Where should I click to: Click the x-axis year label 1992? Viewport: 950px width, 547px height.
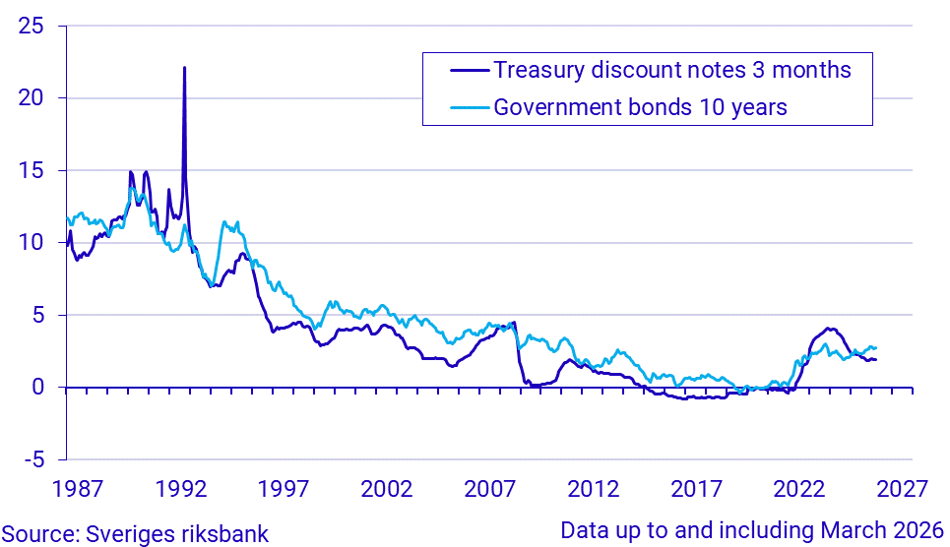(x=179, y=489)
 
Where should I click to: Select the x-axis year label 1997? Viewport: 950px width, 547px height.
(x=283, y=489)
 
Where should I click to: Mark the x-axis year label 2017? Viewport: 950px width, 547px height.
(x=696, y=489)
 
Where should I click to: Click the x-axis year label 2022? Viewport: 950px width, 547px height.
(x=799, y=489)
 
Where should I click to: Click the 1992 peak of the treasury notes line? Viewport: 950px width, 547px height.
(x=184, y=68)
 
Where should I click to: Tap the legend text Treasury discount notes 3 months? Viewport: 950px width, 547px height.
(x=671, y=71)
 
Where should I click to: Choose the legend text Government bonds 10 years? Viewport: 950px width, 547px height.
(x=640, y=107)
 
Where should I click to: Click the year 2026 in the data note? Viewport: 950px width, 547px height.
(x=918, y=530)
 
